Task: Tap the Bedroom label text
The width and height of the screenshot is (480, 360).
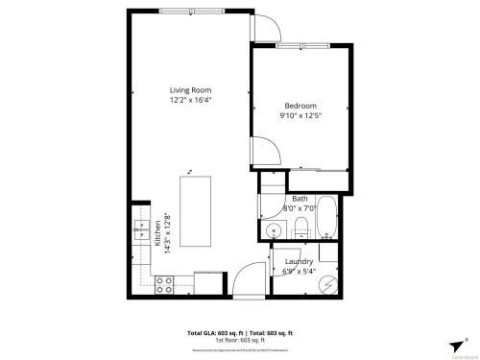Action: coord(300,106)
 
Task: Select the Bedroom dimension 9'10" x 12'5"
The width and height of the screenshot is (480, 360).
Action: coord(300,116)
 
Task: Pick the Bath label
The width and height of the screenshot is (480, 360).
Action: coord(300,198)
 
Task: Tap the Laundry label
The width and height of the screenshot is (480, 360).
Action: coord(299,261)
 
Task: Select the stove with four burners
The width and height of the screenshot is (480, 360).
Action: coord(164,283)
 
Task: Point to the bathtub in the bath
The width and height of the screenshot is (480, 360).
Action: coord(326,219)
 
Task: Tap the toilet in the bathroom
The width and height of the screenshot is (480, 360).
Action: coord(300,228)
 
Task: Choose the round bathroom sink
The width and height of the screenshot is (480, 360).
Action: coord(272,230)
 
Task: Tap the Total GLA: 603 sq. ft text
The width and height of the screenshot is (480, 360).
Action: coord(211,333)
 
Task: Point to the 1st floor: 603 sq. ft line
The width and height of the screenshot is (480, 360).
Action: coord(240,340)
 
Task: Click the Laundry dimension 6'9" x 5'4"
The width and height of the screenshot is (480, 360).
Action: coord(299,271)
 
